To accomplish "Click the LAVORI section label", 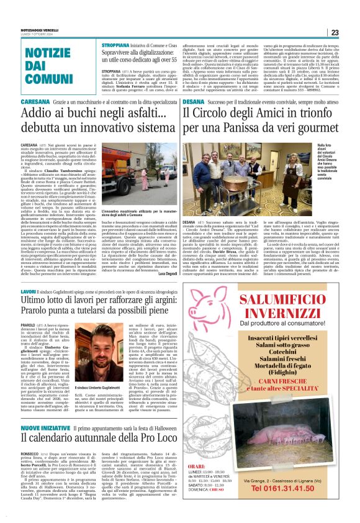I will point(29,291).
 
